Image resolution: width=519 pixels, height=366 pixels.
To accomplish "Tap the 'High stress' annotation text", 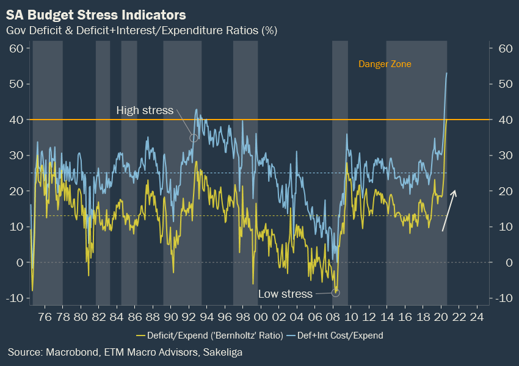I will [x=145, y=110].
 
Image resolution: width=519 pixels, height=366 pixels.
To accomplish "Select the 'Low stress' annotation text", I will [x=285, y=294].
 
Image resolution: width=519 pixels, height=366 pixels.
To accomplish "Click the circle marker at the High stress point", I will [x=194, y=138].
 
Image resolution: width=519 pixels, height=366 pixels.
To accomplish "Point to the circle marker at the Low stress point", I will [x=335, y=293].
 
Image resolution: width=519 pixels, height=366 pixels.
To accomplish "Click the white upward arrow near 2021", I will [x=448, y=210].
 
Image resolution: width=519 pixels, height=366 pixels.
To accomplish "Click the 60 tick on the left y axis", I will [x=16, y=48].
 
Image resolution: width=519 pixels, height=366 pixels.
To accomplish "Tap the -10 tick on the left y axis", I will [x=14, y=298].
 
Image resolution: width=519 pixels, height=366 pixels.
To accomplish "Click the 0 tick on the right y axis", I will [x=503, y=262].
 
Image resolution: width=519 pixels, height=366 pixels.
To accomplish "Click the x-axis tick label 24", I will [x=478, y=317].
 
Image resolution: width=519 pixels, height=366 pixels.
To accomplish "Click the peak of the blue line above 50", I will [x=447, y=73].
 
